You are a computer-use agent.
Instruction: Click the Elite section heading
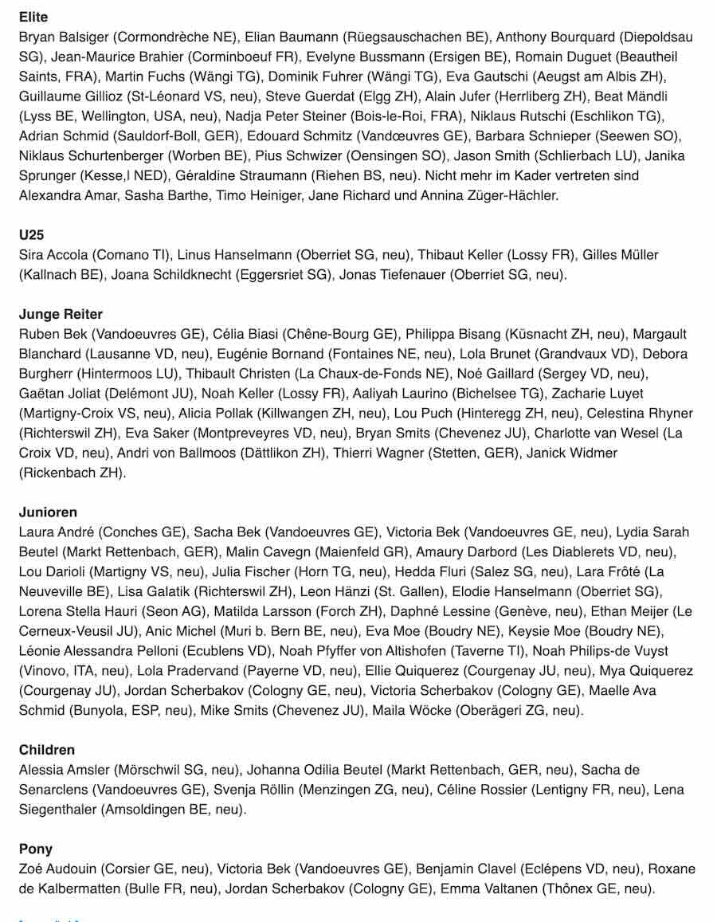[x=33, y=17]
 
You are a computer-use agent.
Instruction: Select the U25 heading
[x=31, y=235]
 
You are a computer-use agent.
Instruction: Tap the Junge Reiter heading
[x=61, y=314]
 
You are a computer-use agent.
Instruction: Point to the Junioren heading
[x=48, y=512]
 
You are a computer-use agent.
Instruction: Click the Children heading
[x=47, y=750]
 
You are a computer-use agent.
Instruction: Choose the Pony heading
[x=36, y=849]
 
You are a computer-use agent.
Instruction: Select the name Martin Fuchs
[x=143, y=77]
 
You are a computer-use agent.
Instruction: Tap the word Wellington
[x=109, y=116]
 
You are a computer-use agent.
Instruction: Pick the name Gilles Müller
[x=621, y=255]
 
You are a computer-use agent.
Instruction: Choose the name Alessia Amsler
[x=64, y=770]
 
